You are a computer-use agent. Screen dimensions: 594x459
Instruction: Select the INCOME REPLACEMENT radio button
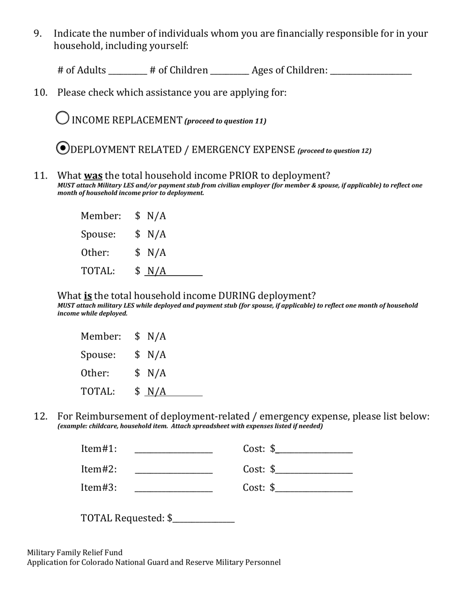[62, 118]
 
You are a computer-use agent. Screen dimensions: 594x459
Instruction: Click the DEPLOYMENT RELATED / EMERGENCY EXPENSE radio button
[63, 148]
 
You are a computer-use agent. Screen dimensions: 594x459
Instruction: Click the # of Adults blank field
[128, 71]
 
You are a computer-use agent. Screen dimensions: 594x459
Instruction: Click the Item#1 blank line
[173, 449]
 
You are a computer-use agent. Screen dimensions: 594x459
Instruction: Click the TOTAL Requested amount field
[203, 519]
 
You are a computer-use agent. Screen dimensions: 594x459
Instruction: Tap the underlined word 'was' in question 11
[93, 175]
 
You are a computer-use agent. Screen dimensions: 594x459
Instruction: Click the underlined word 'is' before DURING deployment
[88, 296]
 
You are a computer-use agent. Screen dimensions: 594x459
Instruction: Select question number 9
[38, 33]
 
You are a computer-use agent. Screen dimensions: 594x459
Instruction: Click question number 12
[40, 416]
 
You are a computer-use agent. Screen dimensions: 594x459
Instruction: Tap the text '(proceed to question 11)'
[225, 121]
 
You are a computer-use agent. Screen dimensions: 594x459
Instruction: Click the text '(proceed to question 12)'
[334, 151]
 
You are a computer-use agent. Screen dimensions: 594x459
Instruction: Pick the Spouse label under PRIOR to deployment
[98, 234]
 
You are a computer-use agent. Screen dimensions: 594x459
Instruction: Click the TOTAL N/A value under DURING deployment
[157, 392]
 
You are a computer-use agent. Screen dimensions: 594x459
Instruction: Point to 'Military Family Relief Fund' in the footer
[74, 552]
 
